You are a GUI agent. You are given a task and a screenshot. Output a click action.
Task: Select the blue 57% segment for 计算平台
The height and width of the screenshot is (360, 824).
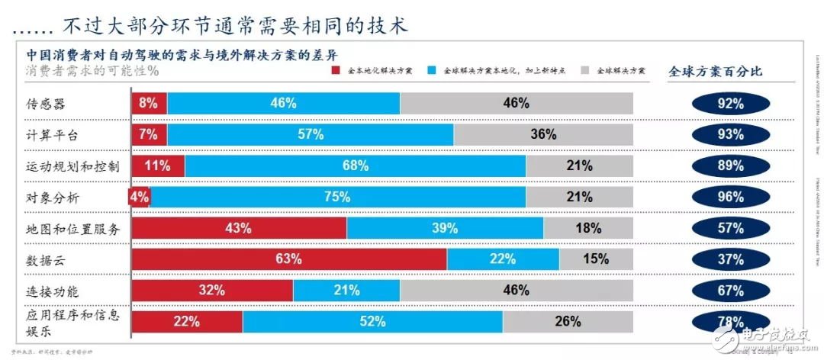[x=311, y=135]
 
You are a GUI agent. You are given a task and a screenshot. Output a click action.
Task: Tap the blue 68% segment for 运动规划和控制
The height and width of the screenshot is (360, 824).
[x=356, y=166]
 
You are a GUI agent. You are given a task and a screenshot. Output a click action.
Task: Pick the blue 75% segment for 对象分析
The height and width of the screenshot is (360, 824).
[x=338, y=197]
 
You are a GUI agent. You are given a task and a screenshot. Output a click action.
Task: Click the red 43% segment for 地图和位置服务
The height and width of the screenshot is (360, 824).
[x=240, y=228]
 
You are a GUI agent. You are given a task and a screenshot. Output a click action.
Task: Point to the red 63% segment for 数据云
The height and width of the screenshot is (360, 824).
[x=289, y=259]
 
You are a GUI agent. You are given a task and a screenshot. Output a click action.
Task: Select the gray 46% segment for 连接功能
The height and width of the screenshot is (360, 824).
[x=517, y=291]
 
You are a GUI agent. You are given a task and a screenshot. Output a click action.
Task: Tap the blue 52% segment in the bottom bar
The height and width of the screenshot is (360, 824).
[x=372, y=322]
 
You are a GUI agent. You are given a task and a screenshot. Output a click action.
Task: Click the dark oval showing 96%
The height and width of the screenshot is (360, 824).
[x=730, y=197]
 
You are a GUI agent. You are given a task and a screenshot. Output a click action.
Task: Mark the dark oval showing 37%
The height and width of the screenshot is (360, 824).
[x=730, y=259]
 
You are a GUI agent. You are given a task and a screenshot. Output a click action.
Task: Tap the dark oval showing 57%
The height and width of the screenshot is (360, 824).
[x=730, y=228]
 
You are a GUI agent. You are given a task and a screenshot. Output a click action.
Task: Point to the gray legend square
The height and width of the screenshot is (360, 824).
[x=584, y=70]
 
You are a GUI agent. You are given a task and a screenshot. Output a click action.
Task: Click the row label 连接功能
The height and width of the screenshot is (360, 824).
[x=53, y=291]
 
